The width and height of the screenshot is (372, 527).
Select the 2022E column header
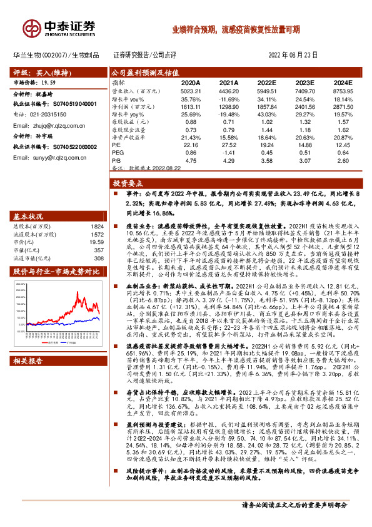tap(266, 82)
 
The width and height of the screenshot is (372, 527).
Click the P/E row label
tap(117, 145)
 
